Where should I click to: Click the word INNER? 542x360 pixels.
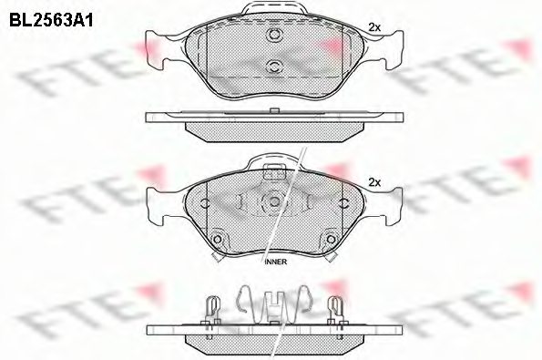(274, 262)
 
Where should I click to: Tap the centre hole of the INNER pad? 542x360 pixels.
(271, 203)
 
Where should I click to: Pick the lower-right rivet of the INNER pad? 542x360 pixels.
(326, 240)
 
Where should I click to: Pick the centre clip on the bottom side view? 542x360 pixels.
(271, 305)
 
